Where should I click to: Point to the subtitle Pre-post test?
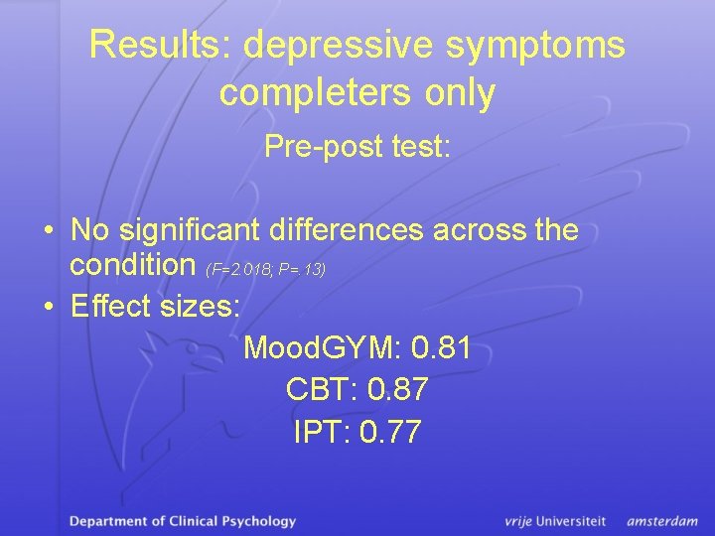tap(357, 147)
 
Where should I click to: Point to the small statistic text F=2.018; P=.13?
tap(266, 269)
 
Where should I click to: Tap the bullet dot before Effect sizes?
tap(49, 307)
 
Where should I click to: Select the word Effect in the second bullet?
tap(110, 306)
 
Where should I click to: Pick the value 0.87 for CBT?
tap(397, 390)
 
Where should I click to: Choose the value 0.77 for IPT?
tap(392, 432)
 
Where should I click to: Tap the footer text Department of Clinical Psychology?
tap(183, 520)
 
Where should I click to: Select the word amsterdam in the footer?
tap(662, 520)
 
